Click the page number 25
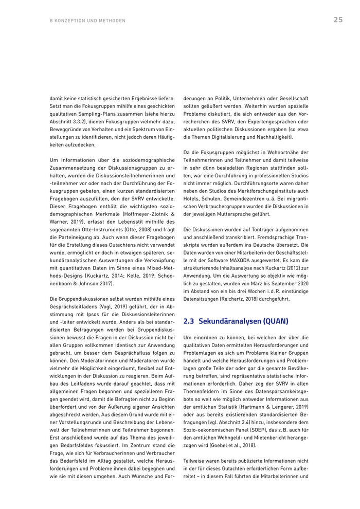click(x=338, y=20)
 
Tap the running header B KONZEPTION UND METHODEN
click(x=87, y=21)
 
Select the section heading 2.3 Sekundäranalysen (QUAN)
click(x=236, y=321)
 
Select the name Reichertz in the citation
click(x=236, y=295)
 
